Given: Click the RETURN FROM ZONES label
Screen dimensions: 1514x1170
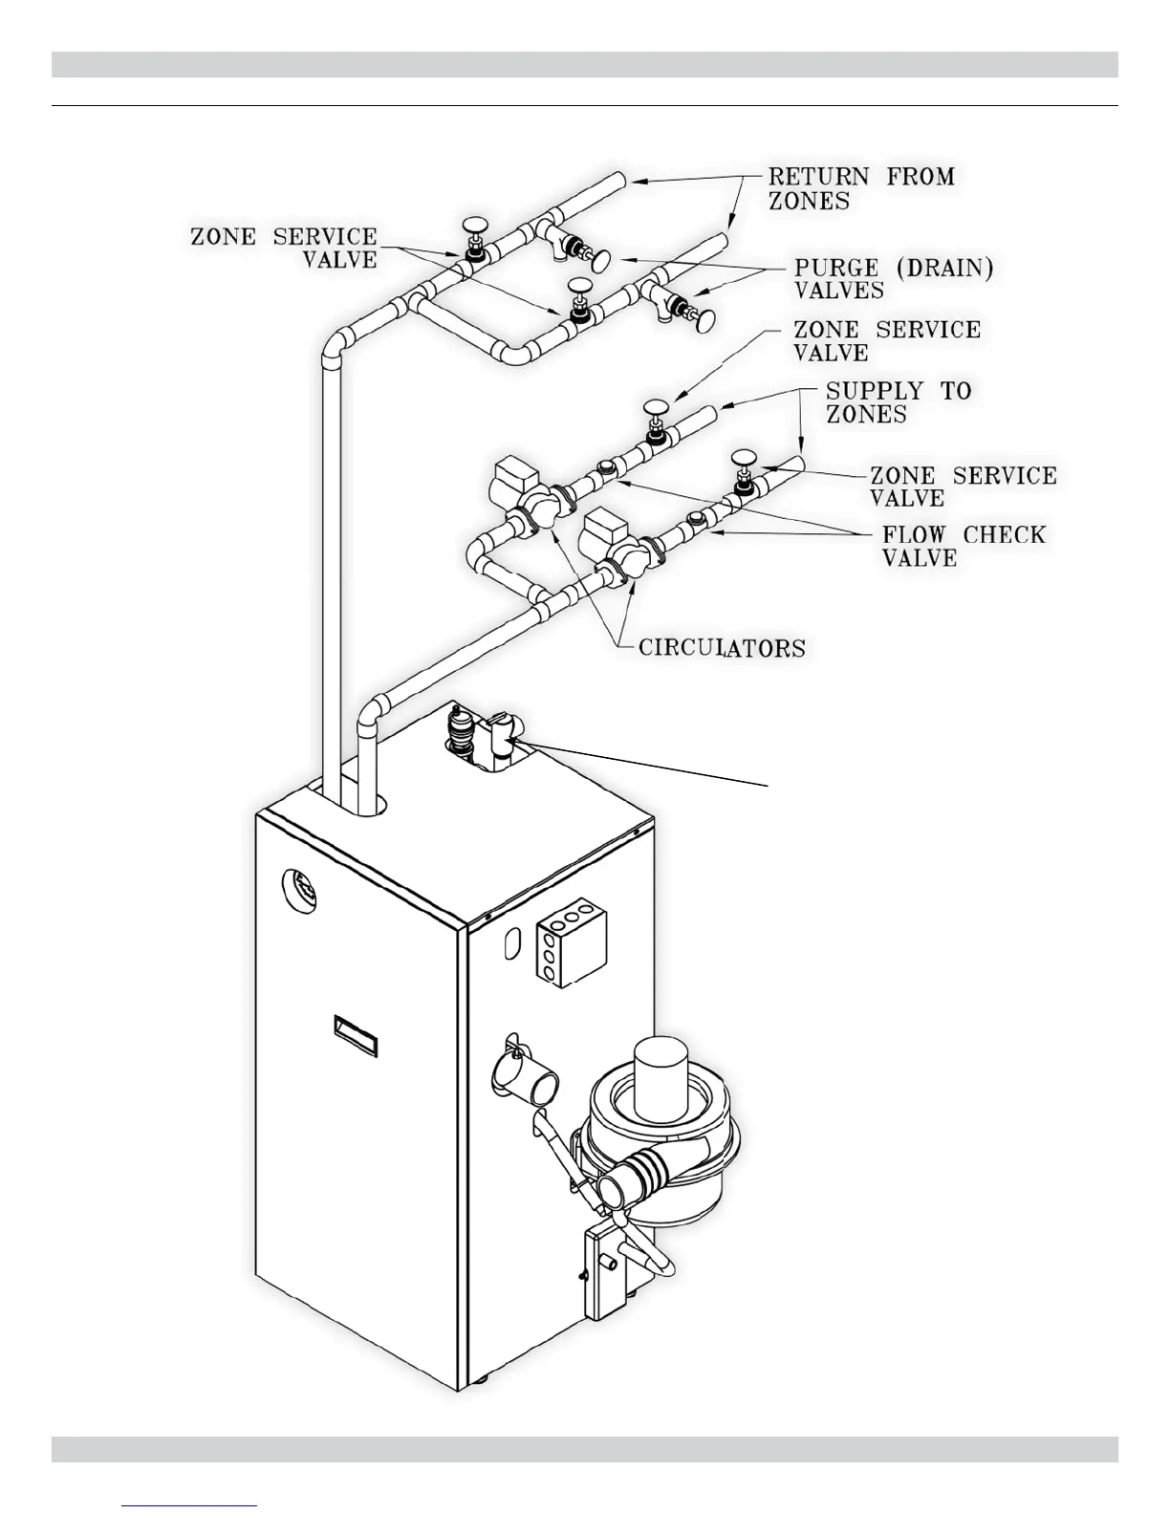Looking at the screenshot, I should pos(860,188).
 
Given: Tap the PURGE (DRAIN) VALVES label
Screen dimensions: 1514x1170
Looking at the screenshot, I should pos(893,278).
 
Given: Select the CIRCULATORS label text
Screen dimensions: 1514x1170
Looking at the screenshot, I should pos(722,648).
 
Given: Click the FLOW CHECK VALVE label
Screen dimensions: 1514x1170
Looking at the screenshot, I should pos(963,546).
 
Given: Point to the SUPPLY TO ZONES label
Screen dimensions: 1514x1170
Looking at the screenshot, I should pos(898,402).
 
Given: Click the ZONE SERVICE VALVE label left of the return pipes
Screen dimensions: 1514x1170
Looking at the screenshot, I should pos(284,248).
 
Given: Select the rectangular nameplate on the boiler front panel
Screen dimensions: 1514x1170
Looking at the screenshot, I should pos(355,1036).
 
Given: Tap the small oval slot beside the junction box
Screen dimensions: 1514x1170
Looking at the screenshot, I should pos(511,941).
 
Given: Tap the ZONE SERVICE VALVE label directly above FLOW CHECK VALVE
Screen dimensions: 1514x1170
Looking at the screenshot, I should pos(963,487).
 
